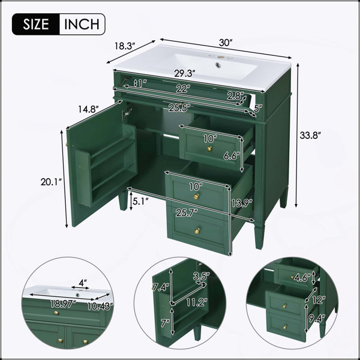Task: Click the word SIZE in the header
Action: coord(36,24)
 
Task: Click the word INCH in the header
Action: coord(82,24)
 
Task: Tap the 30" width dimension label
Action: coord(226,43)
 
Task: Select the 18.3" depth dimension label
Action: coord(124,46)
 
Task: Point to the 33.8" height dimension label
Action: coord(310,135)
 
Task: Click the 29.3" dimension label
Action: coord(185,73)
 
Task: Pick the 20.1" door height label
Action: coord(51,182)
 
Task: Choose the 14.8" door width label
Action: coord(88,109)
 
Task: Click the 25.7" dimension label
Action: coord(187,213)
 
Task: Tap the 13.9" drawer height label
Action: coord(242,203)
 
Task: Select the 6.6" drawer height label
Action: coord(232,156)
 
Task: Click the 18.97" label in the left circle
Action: coord(63,305)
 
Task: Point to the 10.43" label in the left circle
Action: coord(100,306)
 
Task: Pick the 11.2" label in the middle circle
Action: coord(197,302)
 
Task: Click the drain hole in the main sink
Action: coord(218,65)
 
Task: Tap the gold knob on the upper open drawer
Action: coord(209,149)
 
